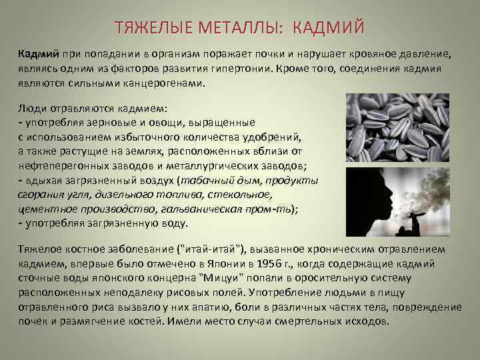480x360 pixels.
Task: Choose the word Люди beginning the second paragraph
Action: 31,108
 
